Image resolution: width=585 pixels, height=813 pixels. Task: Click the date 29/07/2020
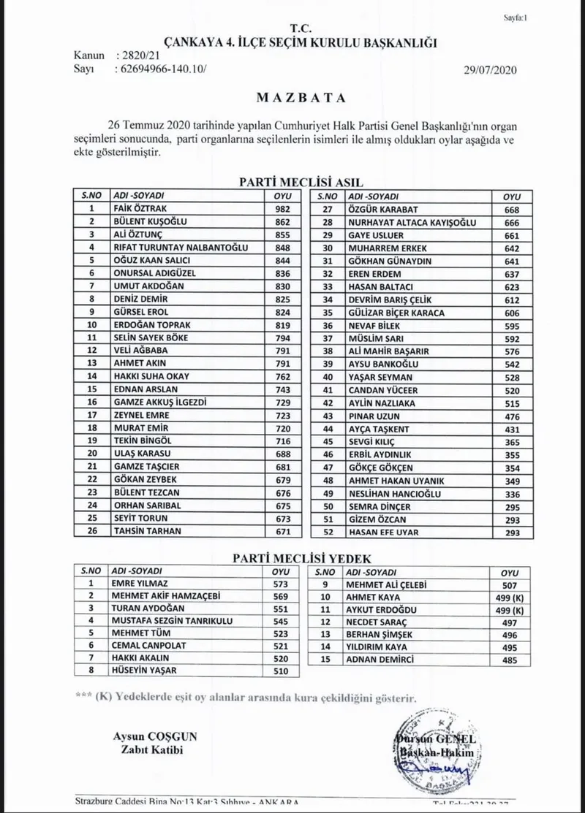pos(490,70)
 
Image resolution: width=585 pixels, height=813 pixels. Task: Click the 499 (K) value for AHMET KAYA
pos(510,597)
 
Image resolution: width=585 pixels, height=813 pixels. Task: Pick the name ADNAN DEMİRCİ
pos(381,659)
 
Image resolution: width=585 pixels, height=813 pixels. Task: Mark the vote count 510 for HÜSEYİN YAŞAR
pos(282,671)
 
